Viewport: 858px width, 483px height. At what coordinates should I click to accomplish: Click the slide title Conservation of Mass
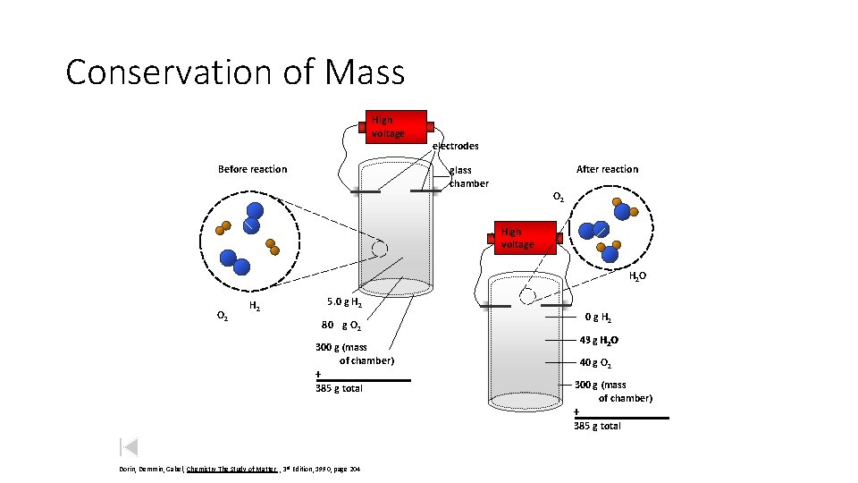click(235, 72)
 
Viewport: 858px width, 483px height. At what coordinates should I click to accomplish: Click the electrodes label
click(456, 146)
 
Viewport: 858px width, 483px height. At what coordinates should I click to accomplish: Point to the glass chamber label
click(468, 176)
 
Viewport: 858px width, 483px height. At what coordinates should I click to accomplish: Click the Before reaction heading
click(253, 169)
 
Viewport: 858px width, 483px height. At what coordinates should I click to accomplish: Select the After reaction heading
click(607, 169)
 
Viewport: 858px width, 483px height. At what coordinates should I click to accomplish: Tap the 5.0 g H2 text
click(344, 302)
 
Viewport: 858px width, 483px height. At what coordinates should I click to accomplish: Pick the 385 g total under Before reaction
click(339, 388)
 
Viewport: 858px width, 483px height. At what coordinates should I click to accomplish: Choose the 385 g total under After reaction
click(597, 426)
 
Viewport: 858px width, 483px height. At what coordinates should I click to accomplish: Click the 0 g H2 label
click(598, 316)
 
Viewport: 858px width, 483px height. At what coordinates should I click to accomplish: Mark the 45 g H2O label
click(599, 340)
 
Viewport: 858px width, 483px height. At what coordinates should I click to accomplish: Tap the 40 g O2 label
click(597, 362)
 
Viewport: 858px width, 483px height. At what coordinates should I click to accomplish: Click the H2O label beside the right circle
click(637, 277)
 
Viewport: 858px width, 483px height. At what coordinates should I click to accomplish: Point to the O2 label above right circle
click(558, 196)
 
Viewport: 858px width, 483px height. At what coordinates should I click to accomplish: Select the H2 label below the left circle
click(255, 307)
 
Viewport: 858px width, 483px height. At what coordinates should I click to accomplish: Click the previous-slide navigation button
click(128, 447)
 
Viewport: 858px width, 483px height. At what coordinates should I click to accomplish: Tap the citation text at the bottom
click(239, 469)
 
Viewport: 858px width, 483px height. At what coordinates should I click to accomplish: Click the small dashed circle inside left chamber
click(380, 249)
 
